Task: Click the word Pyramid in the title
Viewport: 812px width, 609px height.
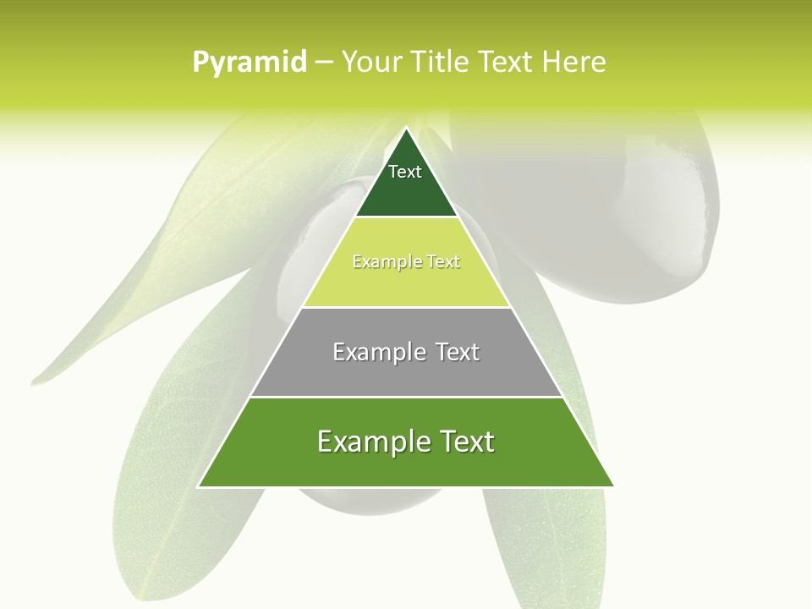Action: point(250,63)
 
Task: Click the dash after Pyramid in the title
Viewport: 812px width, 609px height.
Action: point(324,63)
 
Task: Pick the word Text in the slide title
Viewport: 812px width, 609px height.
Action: point(506,62)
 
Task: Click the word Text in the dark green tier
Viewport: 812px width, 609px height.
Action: point(405,172)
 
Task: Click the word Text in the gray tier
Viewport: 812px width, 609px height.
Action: point(458,352)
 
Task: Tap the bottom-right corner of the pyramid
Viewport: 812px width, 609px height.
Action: point(613,486)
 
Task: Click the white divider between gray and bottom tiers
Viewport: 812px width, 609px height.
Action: point(406,397)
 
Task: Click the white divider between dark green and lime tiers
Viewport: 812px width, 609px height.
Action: point(406,217)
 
